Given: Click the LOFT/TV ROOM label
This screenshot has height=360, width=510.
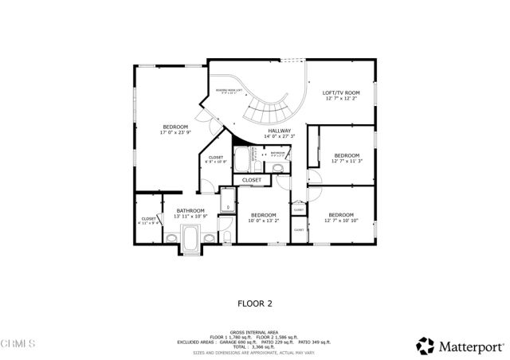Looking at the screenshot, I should tap(340, 93).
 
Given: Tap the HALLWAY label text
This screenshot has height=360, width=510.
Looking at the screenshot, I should tap(279, 131).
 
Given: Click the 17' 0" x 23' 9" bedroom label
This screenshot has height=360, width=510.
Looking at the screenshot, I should tap(175, 127).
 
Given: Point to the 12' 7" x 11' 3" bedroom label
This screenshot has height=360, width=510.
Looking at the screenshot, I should tap(347, 155).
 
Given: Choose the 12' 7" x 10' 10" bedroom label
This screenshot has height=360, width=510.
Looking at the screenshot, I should tap(341, 215).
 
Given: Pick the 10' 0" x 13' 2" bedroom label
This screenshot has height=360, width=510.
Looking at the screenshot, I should tap(263, 216).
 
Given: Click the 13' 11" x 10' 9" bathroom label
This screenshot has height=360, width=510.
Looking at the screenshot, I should tap(190, 211).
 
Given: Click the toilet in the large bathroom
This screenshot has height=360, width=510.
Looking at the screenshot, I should tap(226, 237).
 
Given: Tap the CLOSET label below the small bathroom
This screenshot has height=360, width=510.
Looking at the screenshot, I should tap(252, 180).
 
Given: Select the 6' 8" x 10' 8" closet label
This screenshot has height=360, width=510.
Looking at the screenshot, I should tap(215, 158).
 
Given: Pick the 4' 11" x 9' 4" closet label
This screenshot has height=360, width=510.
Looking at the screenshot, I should tap(149, 219).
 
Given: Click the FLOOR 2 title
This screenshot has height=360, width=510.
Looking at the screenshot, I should tap(255, 303).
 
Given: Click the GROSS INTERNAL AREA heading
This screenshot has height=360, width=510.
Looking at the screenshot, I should tap(255, 331).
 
